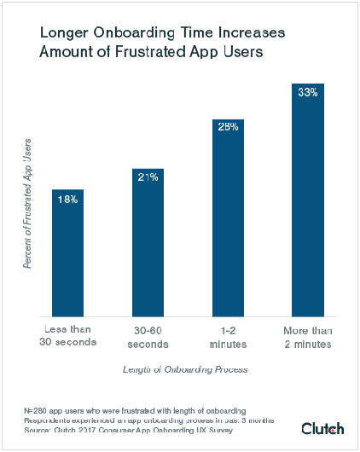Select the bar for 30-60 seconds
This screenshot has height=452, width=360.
point(148,243)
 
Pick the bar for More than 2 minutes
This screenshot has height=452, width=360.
point(307,200)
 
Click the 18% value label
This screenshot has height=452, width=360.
point(67,200)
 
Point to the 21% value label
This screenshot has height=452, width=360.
point(148,178)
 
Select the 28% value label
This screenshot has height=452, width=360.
point(228,128)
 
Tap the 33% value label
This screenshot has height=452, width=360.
point(307,92)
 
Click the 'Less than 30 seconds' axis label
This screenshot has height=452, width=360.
point(67,335)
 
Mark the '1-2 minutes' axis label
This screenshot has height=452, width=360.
point(228,335)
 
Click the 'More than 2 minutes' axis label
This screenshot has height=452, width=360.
point(307,335)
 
